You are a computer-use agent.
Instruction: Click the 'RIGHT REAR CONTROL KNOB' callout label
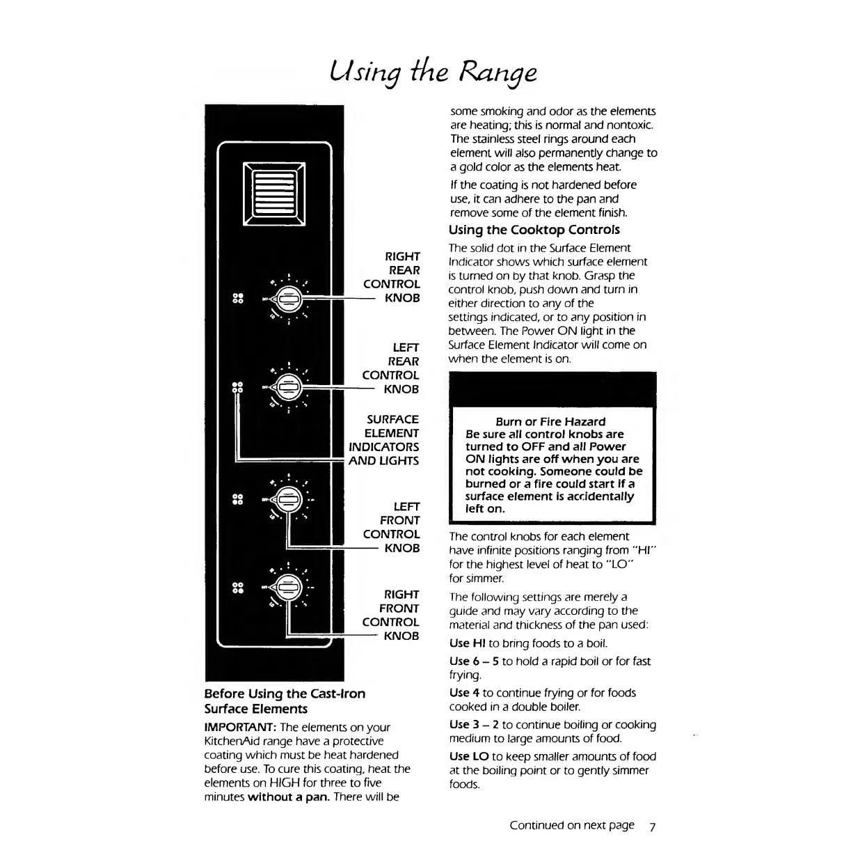coord(392,277)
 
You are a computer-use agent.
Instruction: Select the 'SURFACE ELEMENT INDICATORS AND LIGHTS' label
coord(385,440)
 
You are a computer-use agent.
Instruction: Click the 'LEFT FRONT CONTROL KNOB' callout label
coord(392,527)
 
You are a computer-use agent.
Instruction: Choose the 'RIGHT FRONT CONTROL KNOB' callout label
coord(392,615)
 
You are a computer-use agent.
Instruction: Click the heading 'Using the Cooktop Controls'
coord(534,230)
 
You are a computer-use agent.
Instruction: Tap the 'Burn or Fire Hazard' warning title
coord(550,421)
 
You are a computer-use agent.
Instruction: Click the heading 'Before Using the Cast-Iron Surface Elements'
coord(285,701)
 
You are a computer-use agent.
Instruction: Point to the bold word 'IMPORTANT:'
coord(240,727)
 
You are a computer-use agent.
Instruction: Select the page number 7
coord(652,827)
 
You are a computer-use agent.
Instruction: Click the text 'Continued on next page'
coord(572,826)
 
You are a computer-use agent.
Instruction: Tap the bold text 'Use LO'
coord(469,756)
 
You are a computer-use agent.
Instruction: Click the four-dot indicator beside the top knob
coord(237,299)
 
